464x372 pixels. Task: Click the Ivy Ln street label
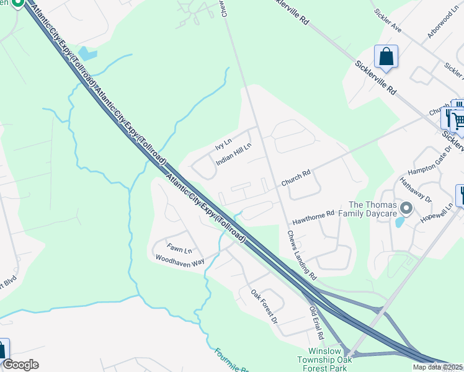point(223,144)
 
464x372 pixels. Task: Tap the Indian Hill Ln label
point(233,154)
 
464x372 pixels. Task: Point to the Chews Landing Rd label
point(302,255)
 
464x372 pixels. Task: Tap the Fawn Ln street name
point(179,250)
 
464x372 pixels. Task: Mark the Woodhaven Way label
point(180,261)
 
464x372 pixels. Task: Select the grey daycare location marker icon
point(406,208)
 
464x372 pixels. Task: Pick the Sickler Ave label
point(388,21)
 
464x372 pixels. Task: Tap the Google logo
point(20,365)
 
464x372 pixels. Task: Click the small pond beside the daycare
point(400,221)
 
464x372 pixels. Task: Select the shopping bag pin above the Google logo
point(2,348)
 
